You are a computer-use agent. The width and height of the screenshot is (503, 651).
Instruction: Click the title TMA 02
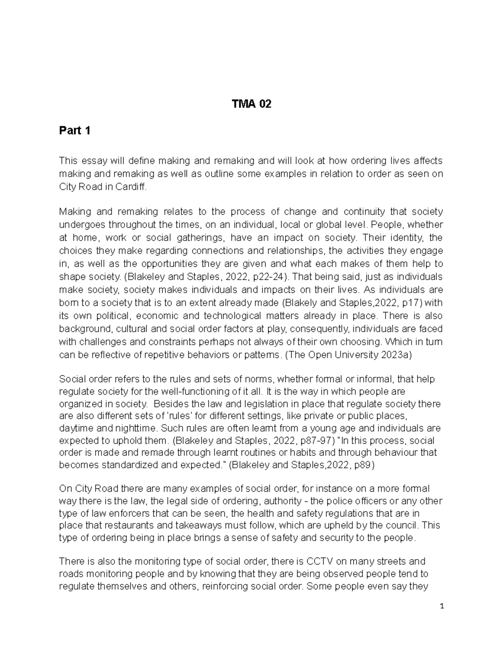[x=251, y=104]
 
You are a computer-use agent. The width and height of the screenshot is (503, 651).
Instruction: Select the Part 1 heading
[x=75, y=131]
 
